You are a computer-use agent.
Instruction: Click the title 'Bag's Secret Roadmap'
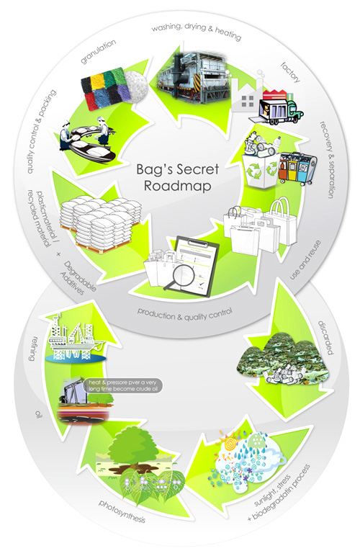pyautogui.click(x=178, y=177)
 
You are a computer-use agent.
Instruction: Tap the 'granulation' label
pyautogui.click(x=98, y=52)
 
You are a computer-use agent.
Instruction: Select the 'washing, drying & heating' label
pyautogui.click(x=197, y=31)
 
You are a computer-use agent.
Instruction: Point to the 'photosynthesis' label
pyautogui.click(x=122, y=511)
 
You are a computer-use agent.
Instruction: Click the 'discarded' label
pyautogui.click(x=325, y=337)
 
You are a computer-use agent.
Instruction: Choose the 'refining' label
pyautogui.click(x=32, y=348)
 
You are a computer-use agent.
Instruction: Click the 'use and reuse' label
pyautogui.click(x=305, y=259)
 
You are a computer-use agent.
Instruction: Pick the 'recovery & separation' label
pyautogui.click(x=327, y=160)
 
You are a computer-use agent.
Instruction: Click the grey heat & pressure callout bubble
pyautogui.click(x=123, y=386)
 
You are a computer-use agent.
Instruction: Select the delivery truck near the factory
pyautogui.click(x=280, y=107)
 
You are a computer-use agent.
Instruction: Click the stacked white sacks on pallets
pyautogui.click(x=100, y=223)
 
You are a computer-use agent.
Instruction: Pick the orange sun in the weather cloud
pyautogui.click(x=230, y=442)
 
